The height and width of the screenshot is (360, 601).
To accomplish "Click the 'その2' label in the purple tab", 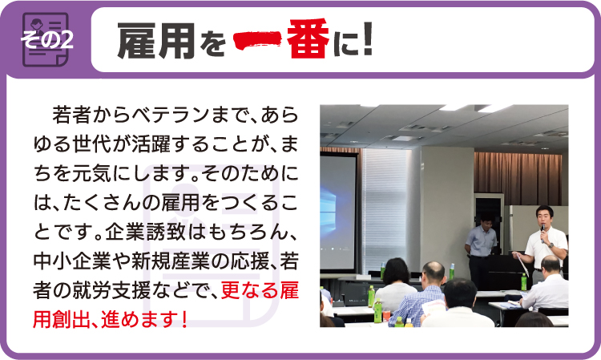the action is [x=46, y=39].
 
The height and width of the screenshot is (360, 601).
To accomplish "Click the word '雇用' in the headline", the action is [x=156, y=40].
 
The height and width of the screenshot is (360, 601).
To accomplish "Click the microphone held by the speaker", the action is [x=543, y=233].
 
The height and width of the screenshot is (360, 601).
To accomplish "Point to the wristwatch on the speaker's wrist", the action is [x=551, y=245].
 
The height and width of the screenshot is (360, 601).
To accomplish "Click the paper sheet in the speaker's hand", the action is [x=522, y=263].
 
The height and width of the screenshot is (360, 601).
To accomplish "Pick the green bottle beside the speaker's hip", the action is [x=523, y=281].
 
